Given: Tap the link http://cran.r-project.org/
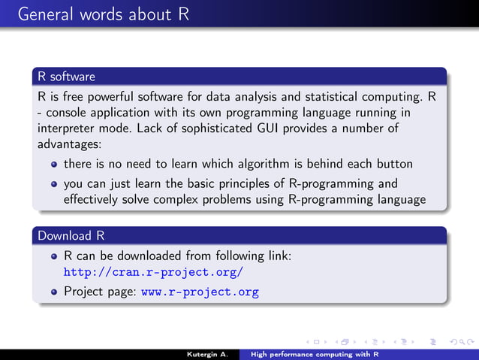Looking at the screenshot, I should pyautogui.click(x=153, y=273).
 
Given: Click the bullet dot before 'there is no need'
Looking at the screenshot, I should pyautogui.click(x=54, y=164).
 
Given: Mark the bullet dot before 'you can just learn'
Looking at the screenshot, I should pyautogui.click(x=54, y=184).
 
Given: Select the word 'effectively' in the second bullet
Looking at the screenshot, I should pyautogui.click(x=92, y=199).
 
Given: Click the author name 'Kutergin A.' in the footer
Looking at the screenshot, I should pyautogui.click(x=208, y=352).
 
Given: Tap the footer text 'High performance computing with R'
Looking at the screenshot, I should pyautogui.click(x=315, y=352).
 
